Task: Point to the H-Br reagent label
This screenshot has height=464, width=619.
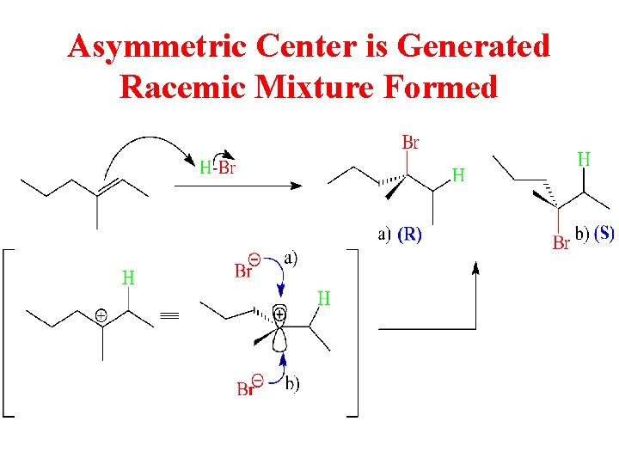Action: [217, 168]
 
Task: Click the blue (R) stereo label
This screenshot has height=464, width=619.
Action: [408, 235]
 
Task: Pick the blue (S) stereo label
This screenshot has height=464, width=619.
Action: [604, 234]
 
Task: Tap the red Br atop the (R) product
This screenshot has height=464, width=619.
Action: [410, 143]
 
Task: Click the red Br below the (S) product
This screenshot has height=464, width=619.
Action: [561, 244]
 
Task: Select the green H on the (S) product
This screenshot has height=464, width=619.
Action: [584, 159]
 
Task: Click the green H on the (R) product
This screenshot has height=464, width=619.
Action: [458, 175]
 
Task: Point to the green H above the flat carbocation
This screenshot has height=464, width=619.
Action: [127, 278]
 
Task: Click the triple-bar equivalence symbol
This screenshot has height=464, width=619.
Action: [169, 316]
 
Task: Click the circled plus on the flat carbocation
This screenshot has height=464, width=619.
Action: [101, 316]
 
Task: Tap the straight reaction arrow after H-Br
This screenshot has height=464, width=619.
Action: [250, 186]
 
